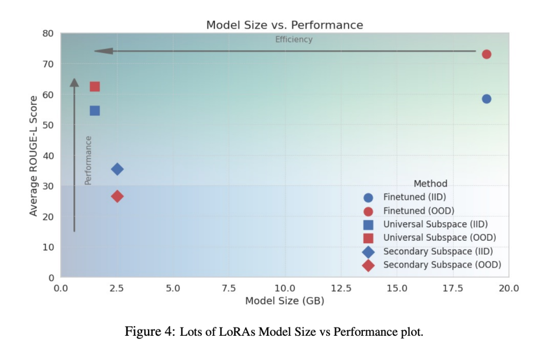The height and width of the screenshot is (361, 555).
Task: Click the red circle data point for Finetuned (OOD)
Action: pyautogui.click(x=486, y=55)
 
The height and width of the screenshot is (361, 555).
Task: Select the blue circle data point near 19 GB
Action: pyautogui.click(x=486, y=99)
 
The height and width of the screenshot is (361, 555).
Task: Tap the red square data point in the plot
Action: pyautogui.click(x=95, y=86)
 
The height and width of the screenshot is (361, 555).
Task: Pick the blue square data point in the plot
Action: pyautogui.click(x=95, y=111)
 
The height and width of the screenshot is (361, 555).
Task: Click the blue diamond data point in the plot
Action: pyautogui.click(x=117, y=169)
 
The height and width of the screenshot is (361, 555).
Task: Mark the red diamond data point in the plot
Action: pyautogui.click(x=117, y=196)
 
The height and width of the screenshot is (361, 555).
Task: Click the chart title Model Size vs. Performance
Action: pyautogui.click(x=284, y=25)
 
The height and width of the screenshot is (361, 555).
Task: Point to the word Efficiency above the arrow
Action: pyautogui.click(x=293, y=40)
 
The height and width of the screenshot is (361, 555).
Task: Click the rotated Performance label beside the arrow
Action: pyautogui.click(x=88, y=160)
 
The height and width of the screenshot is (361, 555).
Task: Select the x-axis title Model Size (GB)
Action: pyautogui.click(x=284, y=301)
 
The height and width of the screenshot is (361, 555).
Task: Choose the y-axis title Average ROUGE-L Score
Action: pyautogui.click(x=33, y=156)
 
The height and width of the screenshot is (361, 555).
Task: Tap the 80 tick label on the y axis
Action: pyautogui.click(x=48, y=34)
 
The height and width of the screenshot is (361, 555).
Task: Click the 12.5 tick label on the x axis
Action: pyautogui.click(x=341, y=288)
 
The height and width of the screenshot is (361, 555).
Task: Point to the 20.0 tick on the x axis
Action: pyautogui.click(x=508, y=288)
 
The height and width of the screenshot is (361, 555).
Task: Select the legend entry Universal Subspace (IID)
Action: pyautogui.click(x=435, y=224)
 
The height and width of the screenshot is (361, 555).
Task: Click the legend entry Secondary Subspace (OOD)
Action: pyautogui.click(x=441, y=265)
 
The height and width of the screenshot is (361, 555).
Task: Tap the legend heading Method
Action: pyautogui.click(x=430, y=184)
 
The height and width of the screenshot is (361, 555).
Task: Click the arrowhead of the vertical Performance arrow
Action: pyautogui.click(x=75, y=83)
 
